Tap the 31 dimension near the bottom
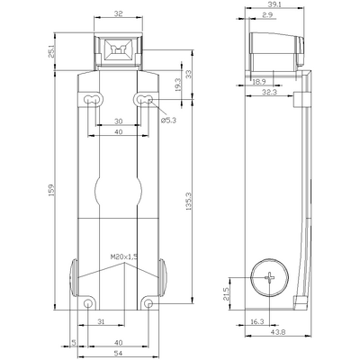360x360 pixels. (102, 321)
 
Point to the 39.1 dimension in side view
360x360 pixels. (274, 5)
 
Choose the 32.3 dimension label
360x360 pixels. (268, 91)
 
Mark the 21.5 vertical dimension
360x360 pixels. (226, 295)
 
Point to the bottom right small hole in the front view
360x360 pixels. (148, 302)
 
